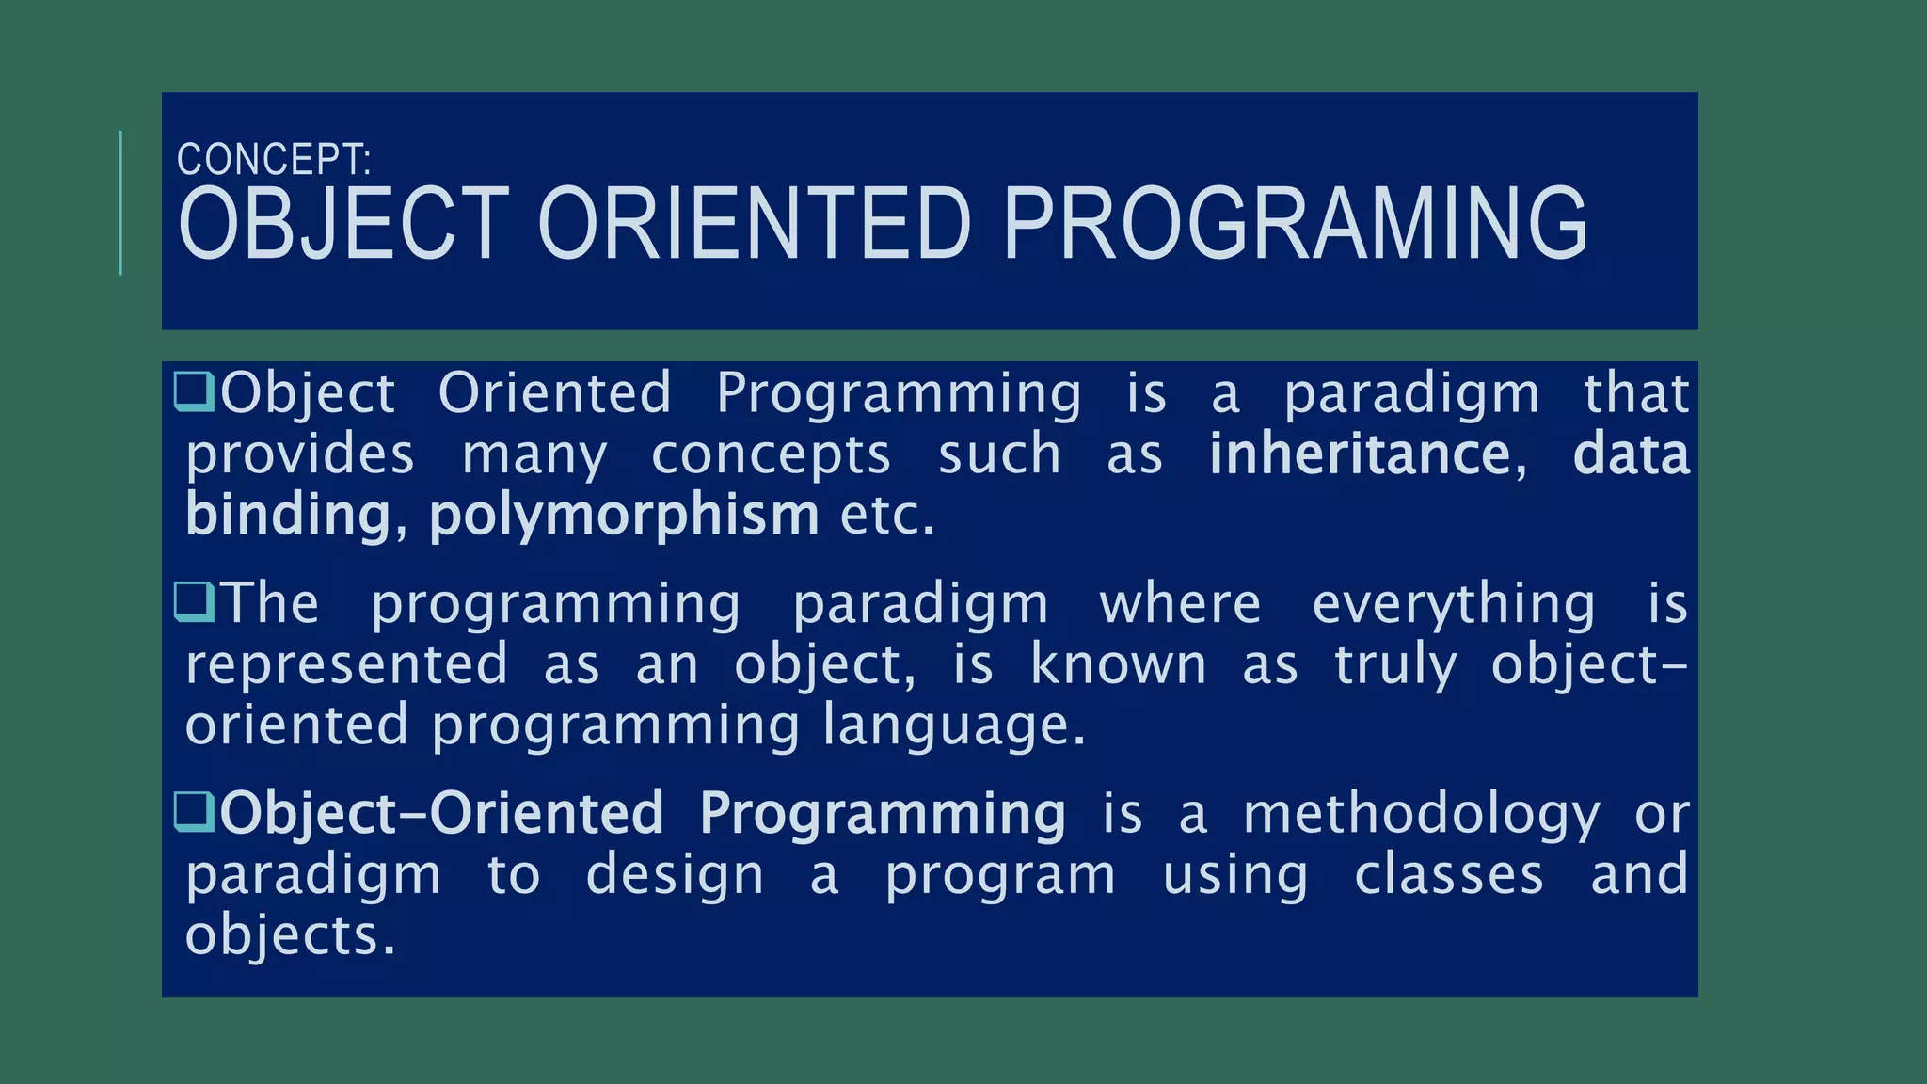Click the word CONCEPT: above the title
click(274, 160)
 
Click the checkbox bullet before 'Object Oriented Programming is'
click(195, 392)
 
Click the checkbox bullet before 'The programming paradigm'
click(195, 603)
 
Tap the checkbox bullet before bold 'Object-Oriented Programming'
click(195, 813)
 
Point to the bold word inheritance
click(1360, 454)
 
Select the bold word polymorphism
click(624, 515)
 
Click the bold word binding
click(288, 515)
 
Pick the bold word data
click(1632, 454)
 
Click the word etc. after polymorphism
click(887, 516)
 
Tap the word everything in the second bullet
click(1454, 603)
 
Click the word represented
click(346, 664)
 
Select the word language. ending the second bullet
click(954, 726)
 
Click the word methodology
click(1421, 814)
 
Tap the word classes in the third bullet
click(1449, 874)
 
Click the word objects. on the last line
click(290, 935)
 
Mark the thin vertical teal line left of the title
click(121, 203)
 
